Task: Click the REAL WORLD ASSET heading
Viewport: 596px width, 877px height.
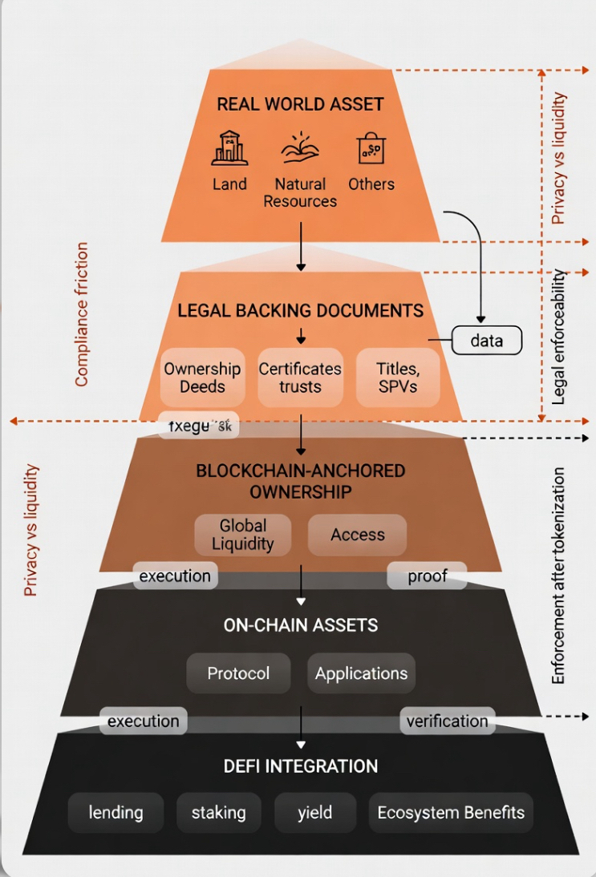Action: pos(300,104)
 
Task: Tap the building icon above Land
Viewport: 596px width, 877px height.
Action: pos(229,148)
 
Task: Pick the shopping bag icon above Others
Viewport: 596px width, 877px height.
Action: pos(371,148)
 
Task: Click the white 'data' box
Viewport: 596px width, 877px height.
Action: pos(486,341)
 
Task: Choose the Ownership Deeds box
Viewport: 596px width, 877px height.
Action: pos(202,378)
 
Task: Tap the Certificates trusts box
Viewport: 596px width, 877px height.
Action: pos(300,378)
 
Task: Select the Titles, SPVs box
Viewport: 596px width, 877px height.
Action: pos(398,378)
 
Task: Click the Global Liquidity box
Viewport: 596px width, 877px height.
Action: pos(243,535)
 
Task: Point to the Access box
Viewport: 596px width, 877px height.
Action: pos(358,535)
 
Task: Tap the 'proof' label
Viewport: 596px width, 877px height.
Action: pos(428,576)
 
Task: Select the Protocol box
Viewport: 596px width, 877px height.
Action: pos(238,673)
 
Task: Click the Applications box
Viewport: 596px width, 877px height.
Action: pos(361,673)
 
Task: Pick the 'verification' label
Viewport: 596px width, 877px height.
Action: pos(447,721)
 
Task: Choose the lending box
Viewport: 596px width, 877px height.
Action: pos(116,812)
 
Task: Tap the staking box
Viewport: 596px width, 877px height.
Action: pos(218,812)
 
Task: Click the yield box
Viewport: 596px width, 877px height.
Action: pos(314,812)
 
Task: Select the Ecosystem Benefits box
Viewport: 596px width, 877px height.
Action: pos(451,812)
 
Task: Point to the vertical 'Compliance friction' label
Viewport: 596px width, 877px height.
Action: pos(82,314)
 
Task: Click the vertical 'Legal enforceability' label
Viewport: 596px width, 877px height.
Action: pos(560,337)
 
